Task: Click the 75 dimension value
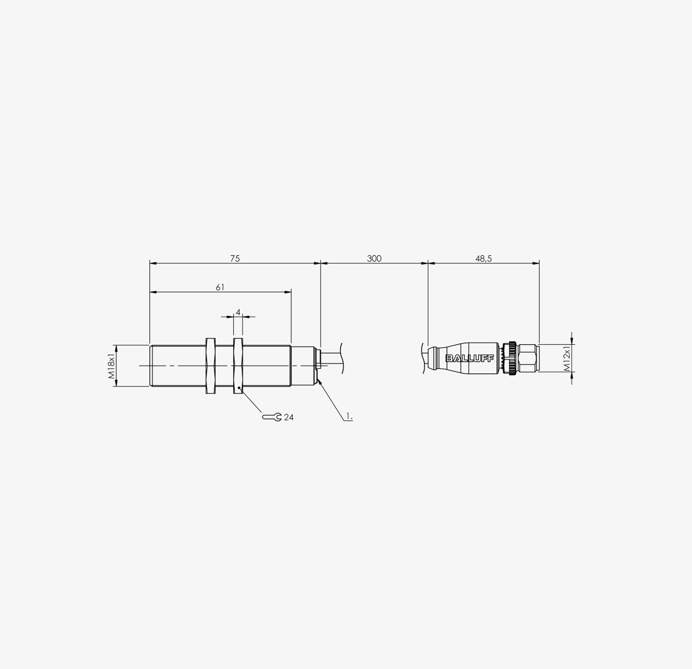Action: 235,259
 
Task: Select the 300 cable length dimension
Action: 374,259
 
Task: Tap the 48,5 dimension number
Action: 483,259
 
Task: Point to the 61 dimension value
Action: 220,287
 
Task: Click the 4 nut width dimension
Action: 238,312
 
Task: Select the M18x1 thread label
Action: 112,365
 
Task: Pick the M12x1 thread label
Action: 568,358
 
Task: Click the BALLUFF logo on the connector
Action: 470,358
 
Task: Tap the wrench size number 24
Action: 289,417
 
